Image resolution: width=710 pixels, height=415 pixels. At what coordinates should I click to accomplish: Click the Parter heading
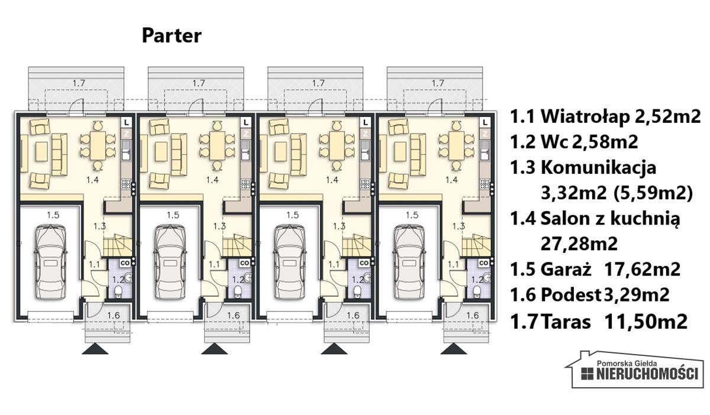click(x=172, y=36)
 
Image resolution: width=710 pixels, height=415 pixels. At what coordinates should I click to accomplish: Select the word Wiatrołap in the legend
click(x=585, y=116)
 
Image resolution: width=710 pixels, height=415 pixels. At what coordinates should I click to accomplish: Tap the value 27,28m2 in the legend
click(x=579, y=244)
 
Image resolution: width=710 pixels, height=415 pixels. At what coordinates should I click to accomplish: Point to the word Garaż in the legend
click(x=566, y=269)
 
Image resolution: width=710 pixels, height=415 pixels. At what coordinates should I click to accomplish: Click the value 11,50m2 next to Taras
click(x=646, y=322)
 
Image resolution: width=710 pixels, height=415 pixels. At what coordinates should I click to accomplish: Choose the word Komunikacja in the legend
click(x=598, y=167)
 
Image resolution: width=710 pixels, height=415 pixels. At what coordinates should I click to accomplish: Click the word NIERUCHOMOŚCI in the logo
click(x=647, y=374)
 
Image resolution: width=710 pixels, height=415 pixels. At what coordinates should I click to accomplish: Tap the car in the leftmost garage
click(x=50, y=262)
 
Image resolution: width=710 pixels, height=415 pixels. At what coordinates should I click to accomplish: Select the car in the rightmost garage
click(x=409, y=262)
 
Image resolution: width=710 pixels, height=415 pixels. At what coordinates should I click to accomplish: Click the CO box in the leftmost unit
click(x=125, y=263)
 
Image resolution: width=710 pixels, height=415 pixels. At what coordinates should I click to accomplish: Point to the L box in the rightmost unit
click(x=485, y=122)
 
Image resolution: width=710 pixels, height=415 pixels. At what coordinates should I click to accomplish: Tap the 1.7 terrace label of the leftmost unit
click(x=79, y=83)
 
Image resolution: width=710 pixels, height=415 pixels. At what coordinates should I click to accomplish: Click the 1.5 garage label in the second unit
click(x=173, y=215)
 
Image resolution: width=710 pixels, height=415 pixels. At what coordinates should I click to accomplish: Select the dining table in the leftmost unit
click(x=98, y=145)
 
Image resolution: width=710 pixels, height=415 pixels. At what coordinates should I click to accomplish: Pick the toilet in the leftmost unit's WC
click(x=118, y=291)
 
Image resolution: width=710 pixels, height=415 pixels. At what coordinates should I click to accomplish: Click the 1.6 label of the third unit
click(x=353, y=316)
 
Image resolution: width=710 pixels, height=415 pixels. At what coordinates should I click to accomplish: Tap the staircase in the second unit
click(x=237, y=245)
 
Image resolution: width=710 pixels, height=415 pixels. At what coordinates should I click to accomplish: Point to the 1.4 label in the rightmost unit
click(x=451, y=180)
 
